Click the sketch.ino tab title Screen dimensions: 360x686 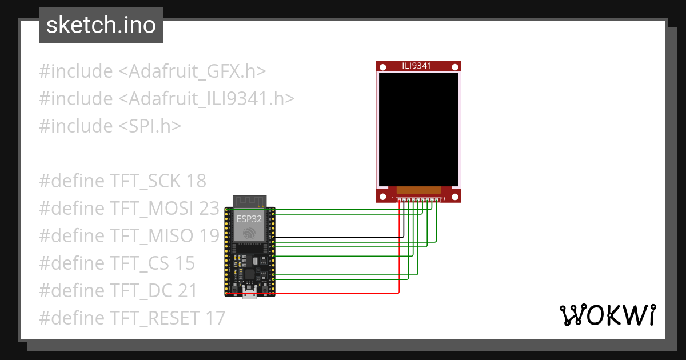point(101,25)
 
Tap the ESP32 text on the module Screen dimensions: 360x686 point(249,218)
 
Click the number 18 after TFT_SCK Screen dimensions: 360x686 point(196,181)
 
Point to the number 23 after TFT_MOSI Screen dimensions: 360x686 point(209,209)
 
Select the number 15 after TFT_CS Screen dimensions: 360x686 point(185,263)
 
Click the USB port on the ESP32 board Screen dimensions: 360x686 point(250,294)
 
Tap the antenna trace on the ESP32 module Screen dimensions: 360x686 point(250,201)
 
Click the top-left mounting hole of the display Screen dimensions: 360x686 point(382,67)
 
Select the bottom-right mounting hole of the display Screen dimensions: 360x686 point(455,197)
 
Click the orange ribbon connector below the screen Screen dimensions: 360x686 point(418,189)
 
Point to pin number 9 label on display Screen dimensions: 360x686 point(443,199)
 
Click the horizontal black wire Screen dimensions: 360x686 point(337,237)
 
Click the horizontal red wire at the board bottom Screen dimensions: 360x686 point(337,294)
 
